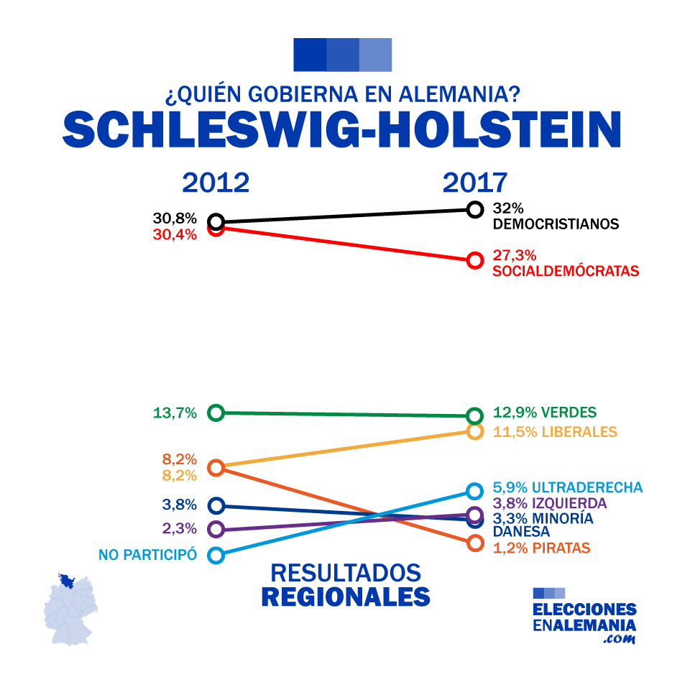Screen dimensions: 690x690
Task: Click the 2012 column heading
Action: coord(216,183)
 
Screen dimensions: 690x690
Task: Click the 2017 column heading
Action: coord(474,183)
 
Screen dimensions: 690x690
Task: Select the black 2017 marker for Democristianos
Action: coord(474,209)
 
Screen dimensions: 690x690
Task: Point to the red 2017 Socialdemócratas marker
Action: coord(474,260)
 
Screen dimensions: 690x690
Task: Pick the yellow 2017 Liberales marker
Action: coord(474,431)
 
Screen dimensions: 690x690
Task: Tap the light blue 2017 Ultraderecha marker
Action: coord(474,491)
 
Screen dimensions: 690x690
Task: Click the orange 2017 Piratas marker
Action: coord(474,543)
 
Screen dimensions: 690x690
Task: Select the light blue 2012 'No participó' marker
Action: coord(216,555)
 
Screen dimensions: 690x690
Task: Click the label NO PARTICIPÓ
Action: coord(147,555)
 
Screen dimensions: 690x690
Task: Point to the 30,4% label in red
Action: coord(175,234)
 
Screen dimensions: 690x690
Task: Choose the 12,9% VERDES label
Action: coord(545,413)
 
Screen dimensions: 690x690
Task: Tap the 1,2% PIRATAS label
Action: coord(541,548)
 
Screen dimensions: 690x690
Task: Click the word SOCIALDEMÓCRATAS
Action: coord(566,272)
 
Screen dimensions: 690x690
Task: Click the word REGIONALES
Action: coord(345,597)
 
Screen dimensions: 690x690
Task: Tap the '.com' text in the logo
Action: coord(620,638)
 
